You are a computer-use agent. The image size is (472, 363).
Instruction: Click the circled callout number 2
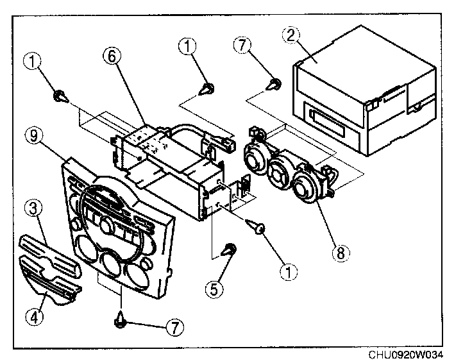[291, 35]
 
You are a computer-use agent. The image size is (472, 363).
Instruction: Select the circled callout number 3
[33, 208]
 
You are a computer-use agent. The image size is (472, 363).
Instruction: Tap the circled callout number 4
[34, 317]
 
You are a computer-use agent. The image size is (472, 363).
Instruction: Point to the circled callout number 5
[214, 289]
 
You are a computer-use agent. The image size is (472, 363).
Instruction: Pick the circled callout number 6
[112, 56]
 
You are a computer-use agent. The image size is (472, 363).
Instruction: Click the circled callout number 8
[341, 253]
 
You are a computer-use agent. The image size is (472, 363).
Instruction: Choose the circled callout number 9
[35, 136]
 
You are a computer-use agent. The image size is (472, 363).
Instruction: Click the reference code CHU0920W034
[406, 355]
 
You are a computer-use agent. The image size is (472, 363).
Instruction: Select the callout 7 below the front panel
[175, 326]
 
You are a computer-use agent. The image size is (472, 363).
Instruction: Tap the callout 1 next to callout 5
[288, 272]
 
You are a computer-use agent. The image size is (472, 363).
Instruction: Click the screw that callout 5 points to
[230, 249]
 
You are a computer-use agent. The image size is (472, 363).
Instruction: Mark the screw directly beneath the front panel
[121, 320]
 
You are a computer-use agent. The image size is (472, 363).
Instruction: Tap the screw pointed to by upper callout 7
[274, 85]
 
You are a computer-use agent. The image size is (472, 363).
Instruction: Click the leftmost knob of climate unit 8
[255, 160]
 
